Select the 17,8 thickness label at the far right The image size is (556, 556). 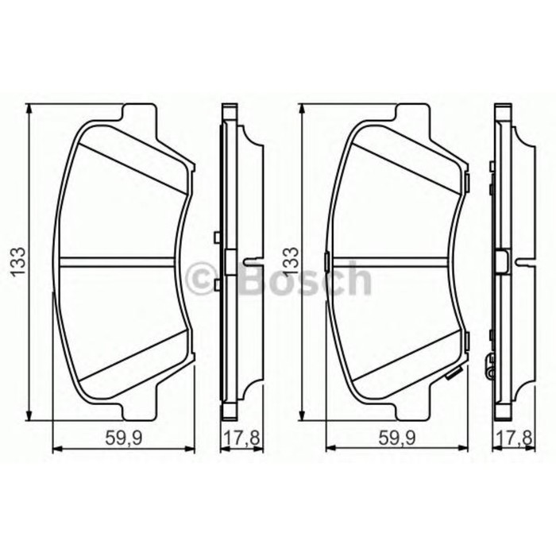pyautogui.click(x=511, y=436)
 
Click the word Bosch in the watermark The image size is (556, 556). pyautogui.click(x=302, y=277)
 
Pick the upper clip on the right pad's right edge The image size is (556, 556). pyautogui.click(x=468, y=184)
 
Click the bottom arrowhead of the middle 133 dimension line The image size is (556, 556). pyautogui.click(x=303, y=413)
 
